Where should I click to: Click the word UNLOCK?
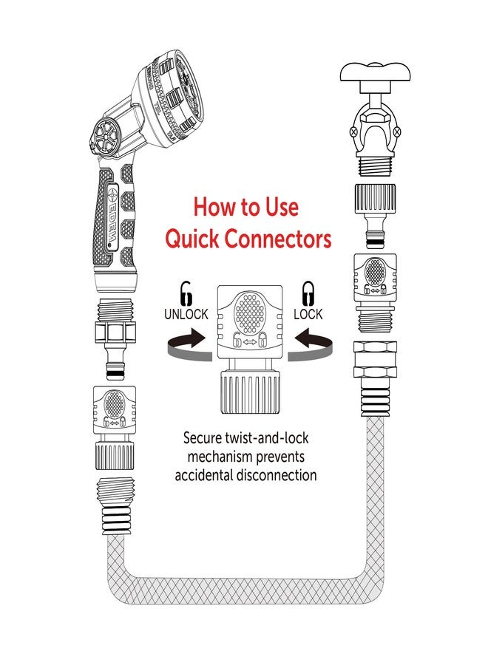tap(186, 314)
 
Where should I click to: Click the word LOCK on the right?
tap(308, 314)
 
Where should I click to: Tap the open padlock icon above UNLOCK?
tap(186, 293)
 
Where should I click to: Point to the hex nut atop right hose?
tap(376, 359)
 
